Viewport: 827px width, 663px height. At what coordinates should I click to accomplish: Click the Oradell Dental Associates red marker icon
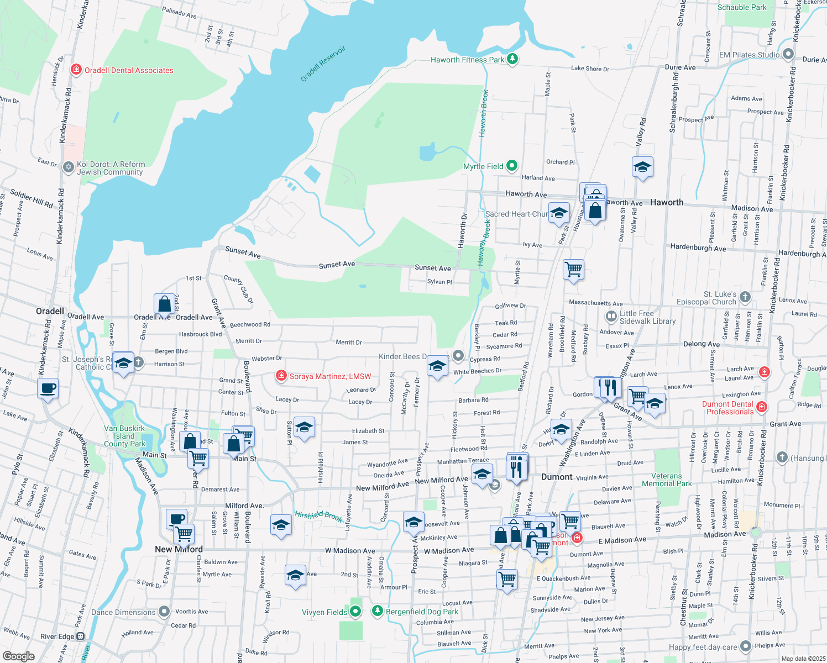point(77,70)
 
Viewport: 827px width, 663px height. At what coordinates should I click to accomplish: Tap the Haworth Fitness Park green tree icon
point(512,59)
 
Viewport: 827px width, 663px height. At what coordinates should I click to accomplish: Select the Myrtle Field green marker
point(512,165)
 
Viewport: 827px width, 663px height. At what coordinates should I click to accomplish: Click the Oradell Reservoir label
point(323,64)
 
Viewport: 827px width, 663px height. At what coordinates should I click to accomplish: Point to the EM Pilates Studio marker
point(788,55)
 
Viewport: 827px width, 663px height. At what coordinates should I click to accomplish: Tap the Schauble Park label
point(742,7)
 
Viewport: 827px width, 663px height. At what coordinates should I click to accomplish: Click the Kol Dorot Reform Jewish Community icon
point(68,167)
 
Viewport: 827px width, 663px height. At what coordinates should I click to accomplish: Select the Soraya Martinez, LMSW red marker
point(281,376)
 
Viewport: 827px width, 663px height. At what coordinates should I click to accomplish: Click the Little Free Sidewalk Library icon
point(611,317)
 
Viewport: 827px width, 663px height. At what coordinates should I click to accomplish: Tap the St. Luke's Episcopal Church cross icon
point(745,297)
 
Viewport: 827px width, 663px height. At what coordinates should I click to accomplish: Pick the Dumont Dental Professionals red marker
point(762,407)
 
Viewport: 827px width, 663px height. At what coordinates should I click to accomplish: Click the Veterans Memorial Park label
point(667,480)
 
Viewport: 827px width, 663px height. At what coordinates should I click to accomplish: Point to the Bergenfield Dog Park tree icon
point(377,611)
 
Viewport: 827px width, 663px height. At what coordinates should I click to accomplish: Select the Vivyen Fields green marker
point(355,612)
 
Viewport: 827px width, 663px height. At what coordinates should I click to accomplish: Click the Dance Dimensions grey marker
point(164,612)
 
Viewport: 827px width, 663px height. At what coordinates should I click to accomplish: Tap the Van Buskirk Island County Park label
point(124,436)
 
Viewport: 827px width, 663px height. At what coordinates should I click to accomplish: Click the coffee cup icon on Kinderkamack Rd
point(48,388)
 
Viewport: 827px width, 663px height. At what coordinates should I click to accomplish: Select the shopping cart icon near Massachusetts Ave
point(573,270)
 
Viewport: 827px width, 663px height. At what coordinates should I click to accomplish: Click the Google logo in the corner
point(18,656)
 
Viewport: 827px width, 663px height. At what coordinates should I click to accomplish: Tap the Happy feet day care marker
point(746,646)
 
